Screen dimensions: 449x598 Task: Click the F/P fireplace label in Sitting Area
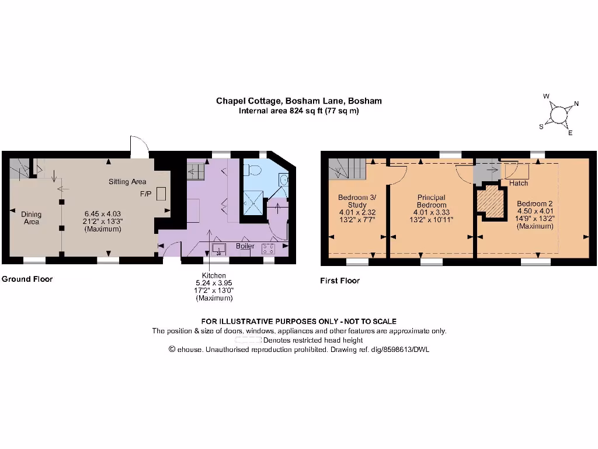click(x=144, y=193)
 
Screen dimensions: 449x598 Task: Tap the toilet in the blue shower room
click(x=253, y=170)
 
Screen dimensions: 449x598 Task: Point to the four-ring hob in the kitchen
click(x=269, y=248)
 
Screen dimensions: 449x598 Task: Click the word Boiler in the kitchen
click(x=245, y=247)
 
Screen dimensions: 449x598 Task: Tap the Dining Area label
click(x=32, y=218)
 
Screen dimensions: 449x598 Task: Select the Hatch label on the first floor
click(x=519, y=183)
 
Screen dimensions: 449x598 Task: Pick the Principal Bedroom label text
click(x=432, y=201)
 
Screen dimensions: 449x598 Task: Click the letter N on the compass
click(x=576, y=104)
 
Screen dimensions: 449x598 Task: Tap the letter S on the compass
click(x=541, y=126)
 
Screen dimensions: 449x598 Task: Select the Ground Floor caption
click(x=27, y=279)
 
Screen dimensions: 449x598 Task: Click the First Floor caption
click(x=340, y=281)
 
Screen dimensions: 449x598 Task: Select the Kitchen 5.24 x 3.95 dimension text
click(x=214, y=283)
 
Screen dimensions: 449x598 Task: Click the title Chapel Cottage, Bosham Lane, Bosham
click(x=299, y=101)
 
